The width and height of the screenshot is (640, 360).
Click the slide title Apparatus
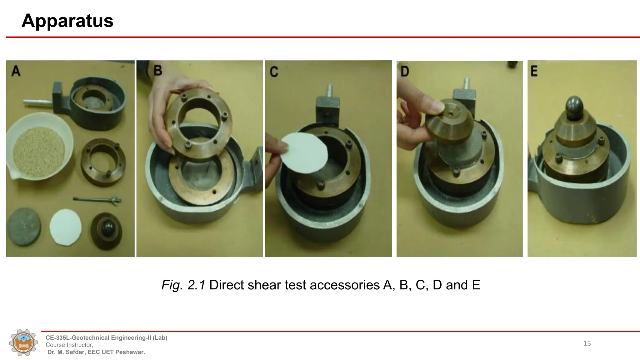click(x=67, y=21)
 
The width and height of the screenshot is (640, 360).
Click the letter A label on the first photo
click(x=16, y=71)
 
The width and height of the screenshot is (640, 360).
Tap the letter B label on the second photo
click(x=158, y=71)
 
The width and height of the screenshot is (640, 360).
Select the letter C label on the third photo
click(x=274, y=72)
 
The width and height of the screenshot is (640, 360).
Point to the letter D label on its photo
click(x=405, y=72)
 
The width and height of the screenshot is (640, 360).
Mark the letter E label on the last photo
click(x=534, y=71)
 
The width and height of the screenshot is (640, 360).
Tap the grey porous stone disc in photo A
click(x=24, y=226)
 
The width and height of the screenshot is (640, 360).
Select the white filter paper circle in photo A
click(x=66, y=227)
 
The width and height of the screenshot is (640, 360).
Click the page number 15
click(x=587, y=344)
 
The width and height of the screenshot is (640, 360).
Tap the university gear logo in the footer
click(x=23, y=343)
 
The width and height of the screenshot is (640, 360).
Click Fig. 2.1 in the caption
click(x=183, y=285)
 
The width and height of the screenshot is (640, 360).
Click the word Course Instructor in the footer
click(x=69, y=345)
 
